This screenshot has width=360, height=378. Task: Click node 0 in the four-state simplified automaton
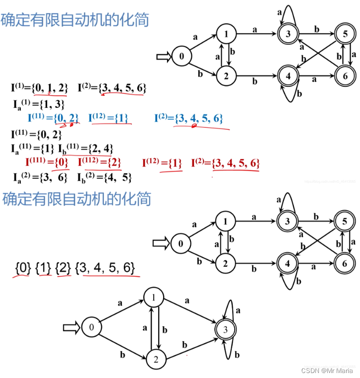click(x=91, y=327)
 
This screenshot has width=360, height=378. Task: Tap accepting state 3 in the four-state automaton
click(x=225, y=329)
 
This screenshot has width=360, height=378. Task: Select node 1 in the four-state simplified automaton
click(x=154, y=297)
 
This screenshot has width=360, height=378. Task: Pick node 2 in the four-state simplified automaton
click(x=155, y=359)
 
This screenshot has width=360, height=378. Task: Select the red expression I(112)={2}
click(x=99, y=162)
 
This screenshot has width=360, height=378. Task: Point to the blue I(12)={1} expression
click(x=108, y=118)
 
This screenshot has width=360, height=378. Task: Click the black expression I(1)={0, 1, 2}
click(x=39, y=88)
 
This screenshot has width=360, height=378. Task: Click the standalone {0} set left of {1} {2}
click(x=23, y=268)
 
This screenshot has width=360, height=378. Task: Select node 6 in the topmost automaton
click(x=344, y=76)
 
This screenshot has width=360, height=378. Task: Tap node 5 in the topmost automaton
click(x=344, y=34)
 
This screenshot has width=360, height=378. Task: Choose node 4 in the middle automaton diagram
click(x=287, y=262)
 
